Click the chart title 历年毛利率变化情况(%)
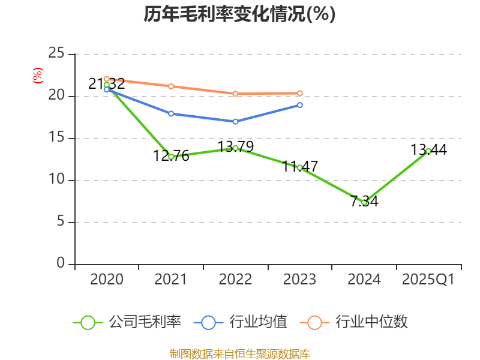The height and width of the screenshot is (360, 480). pos(239,14)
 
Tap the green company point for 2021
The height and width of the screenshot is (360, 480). pos(171,157)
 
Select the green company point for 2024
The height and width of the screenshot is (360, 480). pos(364,202)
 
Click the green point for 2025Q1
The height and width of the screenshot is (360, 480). pos(428,151)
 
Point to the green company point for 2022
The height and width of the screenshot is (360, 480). pos(235,148)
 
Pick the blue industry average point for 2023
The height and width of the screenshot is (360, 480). pos(300,105)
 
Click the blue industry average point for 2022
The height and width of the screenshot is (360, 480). pos(235,121)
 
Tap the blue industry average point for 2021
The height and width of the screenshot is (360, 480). pos(171,113)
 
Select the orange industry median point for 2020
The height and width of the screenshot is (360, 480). pos(106,79)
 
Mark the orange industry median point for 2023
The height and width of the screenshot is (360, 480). pos(300,93)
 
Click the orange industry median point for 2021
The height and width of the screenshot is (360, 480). pos(171,86)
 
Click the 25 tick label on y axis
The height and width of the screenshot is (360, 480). pos(57,54)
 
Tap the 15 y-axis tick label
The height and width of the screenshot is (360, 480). pos(57,138)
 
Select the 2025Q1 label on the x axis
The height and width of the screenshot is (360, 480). pos(428,280)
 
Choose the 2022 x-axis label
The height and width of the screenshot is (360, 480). pos(235,280)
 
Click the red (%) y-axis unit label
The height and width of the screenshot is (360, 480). pos(38,76)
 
